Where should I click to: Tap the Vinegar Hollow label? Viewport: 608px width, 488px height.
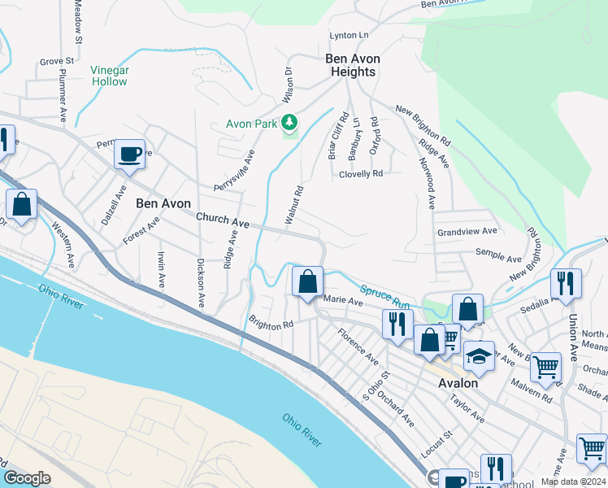point(109,76)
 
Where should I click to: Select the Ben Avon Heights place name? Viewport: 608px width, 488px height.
point(350,65)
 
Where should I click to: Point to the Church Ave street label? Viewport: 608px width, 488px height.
point(222,220)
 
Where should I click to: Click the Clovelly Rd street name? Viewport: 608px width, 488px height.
point(360,173)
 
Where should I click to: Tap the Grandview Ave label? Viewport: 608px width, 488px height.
point(466,232)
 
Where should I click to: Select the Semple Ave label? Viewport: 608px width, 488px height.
point(498,256)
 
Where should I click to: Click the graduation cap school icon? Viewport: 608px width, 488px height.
point(479,355)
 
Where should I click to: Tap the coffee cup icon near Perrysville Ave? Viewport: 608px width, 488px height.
point(130,153)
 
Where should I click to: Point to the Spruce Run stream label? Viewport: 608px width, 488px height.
point(382,294)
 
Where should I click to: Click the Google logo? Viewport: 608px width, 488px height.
point(27,478)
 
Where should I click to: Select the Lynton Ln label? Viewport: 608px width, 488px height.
point(349,35)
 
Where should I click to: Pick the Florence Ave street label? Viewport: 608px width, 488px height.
point(358,346)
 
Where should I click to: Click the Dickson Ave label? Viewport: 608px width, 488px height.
point(199,282)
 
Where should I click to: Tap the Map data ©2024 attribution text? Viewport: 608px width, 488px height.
point(572,481)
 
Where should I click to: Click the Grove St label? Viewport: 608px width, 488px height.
point(57,61)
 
